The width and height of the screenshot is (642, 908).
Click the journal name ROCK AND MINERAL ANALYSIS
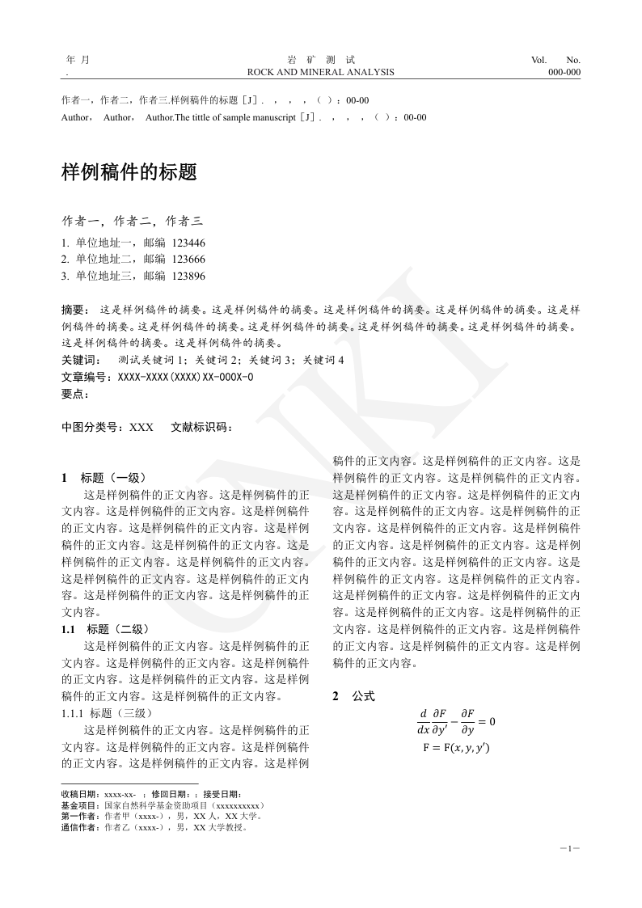coord(321,72)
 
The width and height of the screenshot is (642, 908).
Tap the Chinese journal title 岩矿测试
coord(321,60)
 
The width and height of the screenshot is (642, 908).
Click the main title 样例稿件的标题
coord(129,172)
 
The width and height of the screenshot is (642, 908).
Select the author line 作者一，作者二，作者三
coord(133,221)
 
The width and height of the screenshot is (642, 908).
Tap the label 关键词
coord(81,360)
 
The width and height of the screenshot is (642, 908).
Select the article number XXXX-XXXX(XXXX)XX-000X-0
coord(185,377)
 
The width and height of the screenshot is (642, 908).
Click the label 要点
coord(75,394)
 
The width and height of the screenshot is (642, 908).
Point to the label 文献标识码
coord(201,427)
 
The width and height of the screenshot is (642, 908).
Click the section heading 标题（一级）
coord(113,478)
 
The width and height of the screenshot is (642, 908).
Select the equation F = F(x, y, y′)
coord(456,748)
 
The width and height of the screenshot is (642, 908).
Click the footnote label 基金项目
coord(82,805)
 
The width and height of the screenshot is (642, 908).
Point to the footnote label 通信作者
coord(82,827)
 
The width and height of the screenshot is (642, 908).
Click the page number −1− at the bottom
coord(570,848)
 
